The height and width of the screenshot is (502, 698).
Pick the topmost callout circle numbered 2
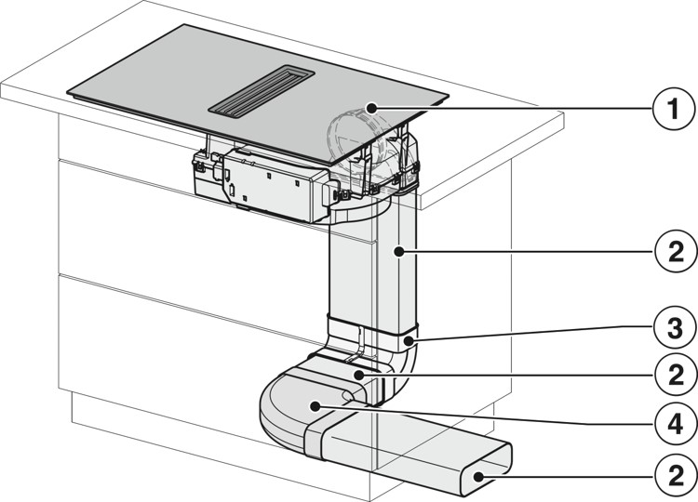[676, 252]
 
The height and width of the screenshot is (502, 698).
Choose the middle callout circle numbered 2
[676, 376]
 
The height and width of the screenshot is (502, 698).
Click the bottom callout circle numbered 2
[676, 477]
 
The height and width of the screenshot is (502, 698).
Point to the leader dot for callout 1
[370, 108]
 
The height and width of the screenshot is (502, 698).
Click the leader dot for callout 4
[315, 405]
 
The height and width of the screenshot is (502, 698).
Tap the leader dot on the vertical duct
[399, 252]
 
